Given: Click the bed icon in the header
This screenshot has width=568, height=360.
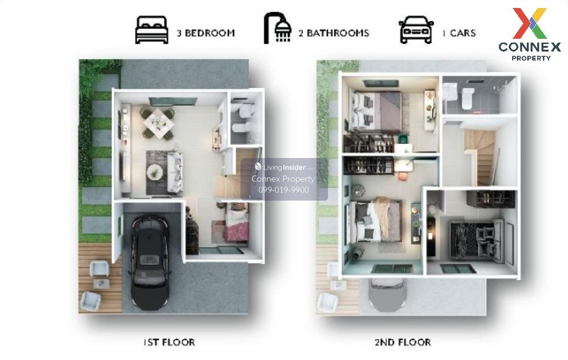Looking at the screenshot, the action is [x=151, y=30].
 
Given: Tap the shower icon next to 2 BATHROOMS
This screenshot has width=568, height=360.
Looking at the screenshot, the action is [x=278, y=28].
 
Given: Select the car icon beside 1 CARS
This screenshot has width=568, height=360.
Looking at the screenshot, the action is [x=416, y=30].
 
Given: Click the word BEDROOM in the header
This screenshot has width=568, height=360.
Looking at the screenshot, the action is [x=210, y=33].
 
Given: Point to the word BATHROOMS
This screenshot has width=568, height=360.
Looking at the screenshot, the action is [x=338, y=33].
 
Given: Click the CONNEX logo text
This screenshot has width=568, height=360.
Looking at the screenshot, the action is [x=530, y=47].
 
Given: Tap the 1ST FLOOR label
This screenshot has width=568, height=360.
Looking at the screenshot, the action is [x=169, y=342].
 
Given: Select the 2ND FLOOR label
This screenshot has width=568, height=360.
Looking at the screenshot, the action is [x=403, y=342].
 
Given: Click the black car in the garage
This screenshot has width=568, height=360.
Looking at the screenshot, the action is [x=150, y=262].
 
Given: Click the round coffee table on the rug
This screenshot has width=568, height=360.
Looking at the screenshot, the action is [x=155, y=172].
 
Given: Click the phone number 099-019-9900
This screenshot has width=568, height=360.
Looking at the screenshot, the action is [x=284, y=190].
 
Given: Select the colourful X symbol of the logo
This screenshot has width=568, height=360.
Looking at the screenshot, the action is [x=530, y=23].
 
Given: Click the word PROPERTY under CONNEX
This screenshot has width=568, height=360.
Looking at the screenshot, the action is [x=531, y=58].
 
